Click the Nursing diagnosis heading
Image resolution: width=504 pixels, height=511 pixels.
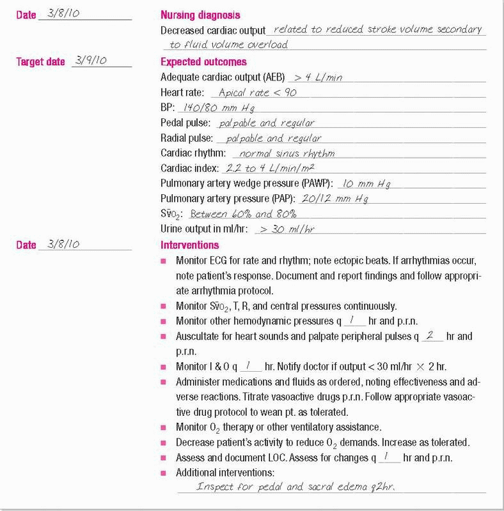[200, 15]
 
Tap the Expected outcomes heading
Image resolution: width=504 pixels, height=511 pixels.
[203, 62]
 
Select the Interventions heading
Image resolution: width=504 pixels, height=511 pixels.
[189, 245]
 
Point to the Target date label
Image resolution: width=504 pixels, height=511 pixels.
[41, 62]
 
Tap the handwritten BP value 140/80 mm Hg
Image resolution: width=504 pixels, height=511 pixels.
[215, 108]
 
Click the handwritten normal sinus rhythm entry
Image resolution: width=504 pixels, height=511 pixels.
[287, 153]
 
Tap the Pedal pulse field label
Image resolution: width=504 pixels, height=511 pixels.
[185, 123]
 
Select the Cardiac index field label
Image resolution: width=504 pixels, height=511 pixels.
[189, 169]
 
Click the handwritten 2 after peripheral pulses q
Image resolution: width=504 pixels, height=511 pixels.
[432, 335]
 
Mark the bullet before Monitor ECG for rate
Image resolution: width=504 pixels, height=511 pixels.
[163, 261]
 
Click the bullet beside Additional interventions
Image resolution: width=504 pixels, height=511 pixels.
[163, 473]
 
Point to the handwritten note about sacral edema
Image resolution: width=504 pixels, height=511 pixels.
[295, 487]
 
